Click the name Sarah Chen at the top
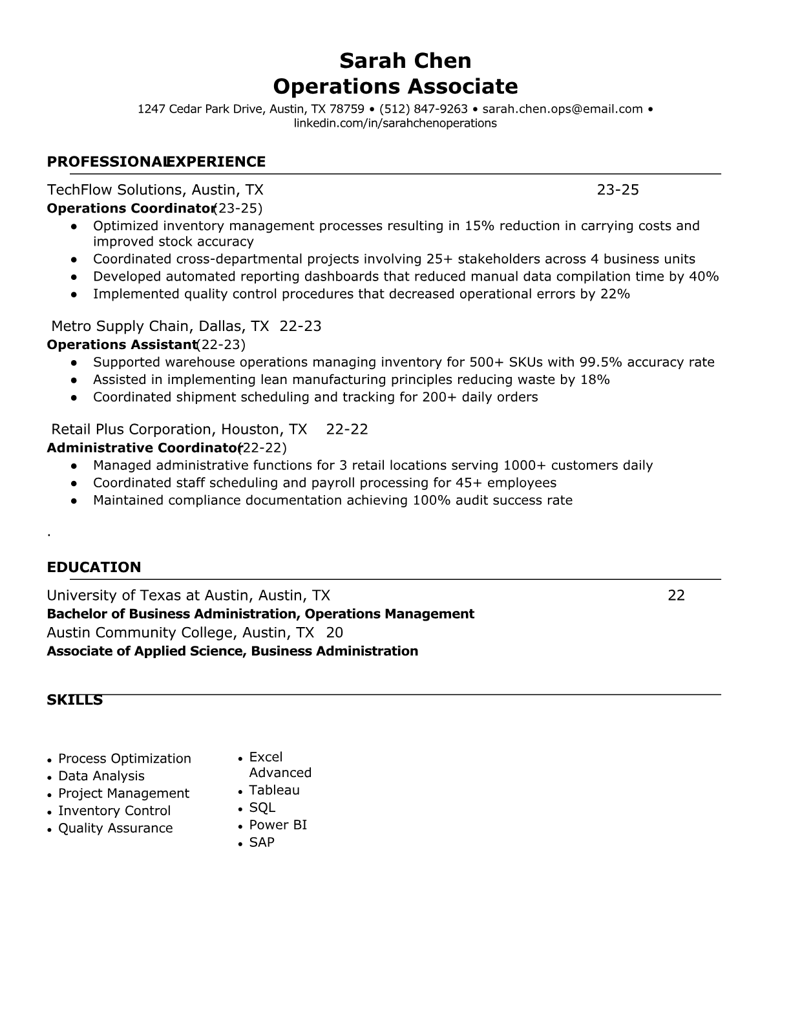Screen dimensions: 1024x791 click(x=405, y=61)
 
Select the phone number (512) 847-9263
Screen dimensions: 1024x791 click(x=423, y=109)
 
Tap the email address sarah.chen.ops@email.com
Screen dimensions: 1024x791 click(x=562, y=109)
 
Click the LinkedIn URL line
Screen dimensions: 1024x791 click(x=395, y=123)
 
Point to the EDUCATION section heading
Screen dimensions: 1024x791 click(x=94, y=568)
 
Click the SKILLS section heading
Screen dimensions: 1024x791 click(x=74, y=700)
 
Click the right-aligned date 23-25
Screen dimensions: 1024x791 click(x=617, y=190)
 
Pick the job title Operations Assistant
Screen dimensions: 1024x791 click(x=121, y=345)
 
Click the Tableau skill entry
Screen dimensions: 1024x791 click(x=274, y=790)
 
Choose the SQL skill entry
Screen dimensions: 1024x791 click(x=262, y=807)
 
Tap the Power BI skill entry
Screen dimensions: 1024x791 click(x=278, y=825)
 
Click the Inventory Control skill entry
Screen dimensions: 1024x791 click(x=114, y=811)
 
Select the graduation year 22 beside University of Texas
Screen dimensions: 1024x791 click(x=676, y=595)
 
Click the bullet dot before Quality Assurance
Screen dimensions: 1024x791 click(x=50, y=829)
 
